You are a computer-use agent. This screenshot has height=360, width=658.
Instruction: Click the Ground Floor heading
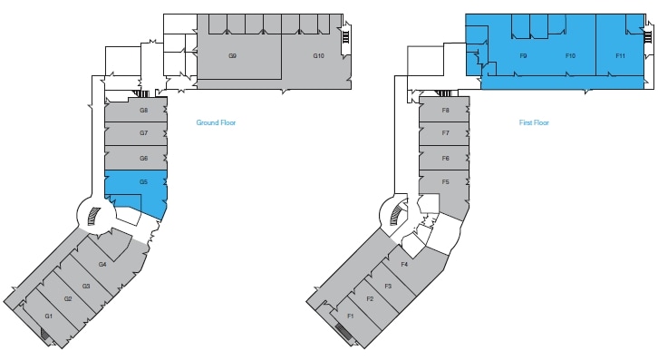tap(216, 122)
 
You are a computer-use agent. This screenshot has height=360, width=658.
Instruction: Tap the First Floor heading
tap(534, 122)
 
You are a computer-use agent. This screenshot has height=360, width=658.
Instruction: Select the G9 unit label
tap(232, 56)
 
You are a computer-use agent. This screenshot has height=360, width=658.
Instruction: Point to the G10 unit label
tap(319, 56)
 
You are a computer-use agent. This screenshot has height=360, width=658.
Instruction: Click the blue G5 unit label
tap(143, 182)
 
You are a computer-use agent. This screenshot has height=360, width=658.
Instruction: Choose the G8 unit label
tap(143, 111)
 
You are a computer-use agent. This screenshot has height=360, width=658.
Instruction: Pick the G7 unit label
tap(143, 133)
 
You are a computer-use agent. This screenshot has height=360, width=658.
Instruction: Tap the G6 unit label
tap(143, 158)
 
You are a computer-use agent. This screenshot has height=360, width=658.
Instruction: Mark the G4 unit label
tap(102, 264)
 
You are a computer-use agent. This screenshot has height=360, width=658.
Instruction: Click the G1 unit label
tap(49, 316)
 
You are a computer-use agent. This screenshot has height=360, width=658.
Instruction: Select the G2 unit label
tap(68, 299)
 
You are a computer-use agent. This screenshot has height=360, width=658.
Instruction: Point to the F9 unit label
tap(524, 56)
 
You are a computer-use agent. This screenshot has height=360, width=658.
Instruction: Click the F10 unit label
tap(570, 56)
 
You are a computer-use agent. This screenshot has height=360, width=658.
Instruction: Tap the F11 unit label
tap(620, 56)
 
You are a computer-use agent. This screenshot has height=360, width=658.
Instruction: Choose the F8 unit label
tap(445, 111)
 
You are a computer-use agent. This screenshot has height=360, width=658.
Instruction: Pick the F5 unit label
tap(445, 182)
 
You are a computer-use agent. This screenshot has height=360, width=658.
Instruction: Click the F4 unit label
tap(404, 264)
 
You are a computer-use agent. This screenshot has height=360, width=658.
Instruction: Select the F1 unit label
tap(351, 316)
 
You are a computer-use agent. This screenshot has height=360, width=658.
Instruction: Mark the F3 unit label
tap(387, 287)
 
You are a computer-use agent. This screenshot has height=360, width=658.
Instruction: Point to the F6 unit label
tap(445, 158)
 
